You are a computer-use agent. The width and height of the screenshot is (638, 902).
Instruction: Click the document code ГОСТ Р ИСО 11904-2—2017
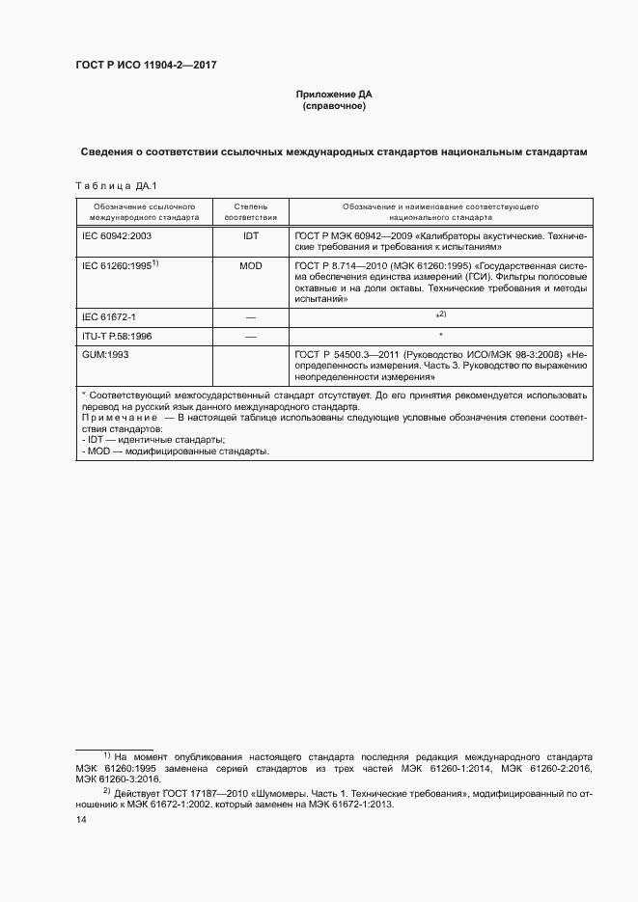point(145,66)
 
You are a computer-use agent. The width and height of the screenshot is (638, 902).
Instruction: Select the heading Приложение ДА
point(333,95)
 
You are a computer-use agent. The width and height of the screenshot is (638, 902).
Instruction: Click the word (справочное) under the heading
point(333,106)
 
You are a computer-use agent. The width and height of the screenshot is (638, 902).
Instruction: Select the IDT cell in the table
point(251,234)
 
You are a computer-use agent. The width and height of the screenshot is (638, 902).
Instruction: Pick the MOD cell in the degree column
point(251,264)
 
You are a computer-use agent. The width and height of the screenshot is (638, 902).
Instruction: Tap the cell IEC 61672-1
point(108,316)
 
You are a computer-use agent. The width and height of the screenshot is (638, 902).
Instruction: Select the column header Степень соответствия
point(251,212)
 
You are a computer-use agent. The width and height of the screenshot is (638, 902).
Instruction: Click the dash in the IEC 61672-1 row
point(251,316)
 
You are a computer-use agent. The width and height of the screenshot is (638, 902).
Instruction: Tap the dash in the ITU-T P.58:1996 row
point(251,337)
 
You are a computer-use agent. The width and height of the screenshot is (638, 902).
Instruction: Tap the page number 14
point(81,819)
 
